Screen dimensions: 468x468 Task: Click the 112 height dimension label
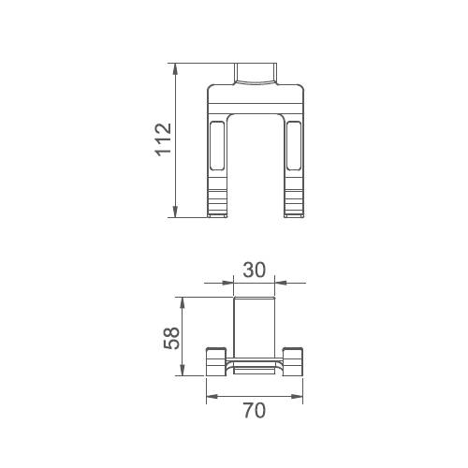tap(163, 139)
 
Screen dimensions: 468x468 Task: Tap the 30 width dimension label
tap(255, 270)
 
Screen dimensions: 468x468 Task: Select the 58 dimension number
tap(172, 338)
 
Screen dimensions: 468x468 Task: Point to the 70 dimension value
tap(255, 411)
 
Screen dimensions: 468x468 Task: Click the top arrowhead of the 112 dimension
tap(175, 69)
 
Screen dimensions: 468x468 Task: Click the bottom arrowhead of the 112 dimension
tap(175, 212)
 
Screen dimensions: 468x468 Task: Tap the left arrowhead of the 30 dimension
tap(227, 283)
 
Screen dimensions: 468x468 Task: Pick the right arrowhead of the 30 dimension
tap(281, 283)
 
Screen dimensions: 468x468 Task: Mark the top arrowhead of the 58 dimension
tap(183, 303)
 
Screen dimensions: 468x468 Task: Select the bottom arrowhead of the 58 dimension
tap(183, 370)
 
